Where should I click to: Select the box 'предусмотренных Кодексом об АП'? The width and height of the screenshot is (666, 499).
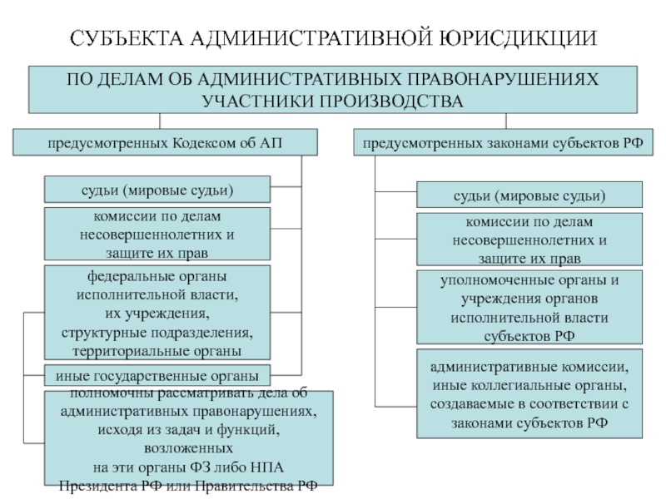point(165,142)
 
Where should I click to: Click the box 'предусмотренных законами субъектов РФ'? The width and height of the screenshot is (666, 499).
point(502,142)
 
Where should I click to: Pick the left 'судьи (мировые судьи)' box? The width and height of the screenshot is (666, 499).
point(157,190)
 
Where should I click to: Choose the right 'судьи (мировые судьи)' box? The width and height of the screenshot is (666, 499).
point(529,196)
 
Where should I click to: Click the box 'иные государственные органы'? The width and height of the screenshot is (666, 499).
point(157,375)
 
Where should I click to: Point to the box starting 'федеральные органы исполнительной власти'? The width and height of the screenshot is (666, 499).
point(157,313)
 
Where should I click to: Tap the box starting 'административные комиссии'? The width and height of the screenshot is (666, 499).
point(529,393)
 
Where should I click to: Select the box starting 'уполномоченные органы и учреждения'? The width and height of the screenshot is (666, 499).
point(529,306)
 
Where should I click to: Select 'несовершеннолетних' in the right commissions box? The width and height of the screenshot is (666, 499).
point(529,240)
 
